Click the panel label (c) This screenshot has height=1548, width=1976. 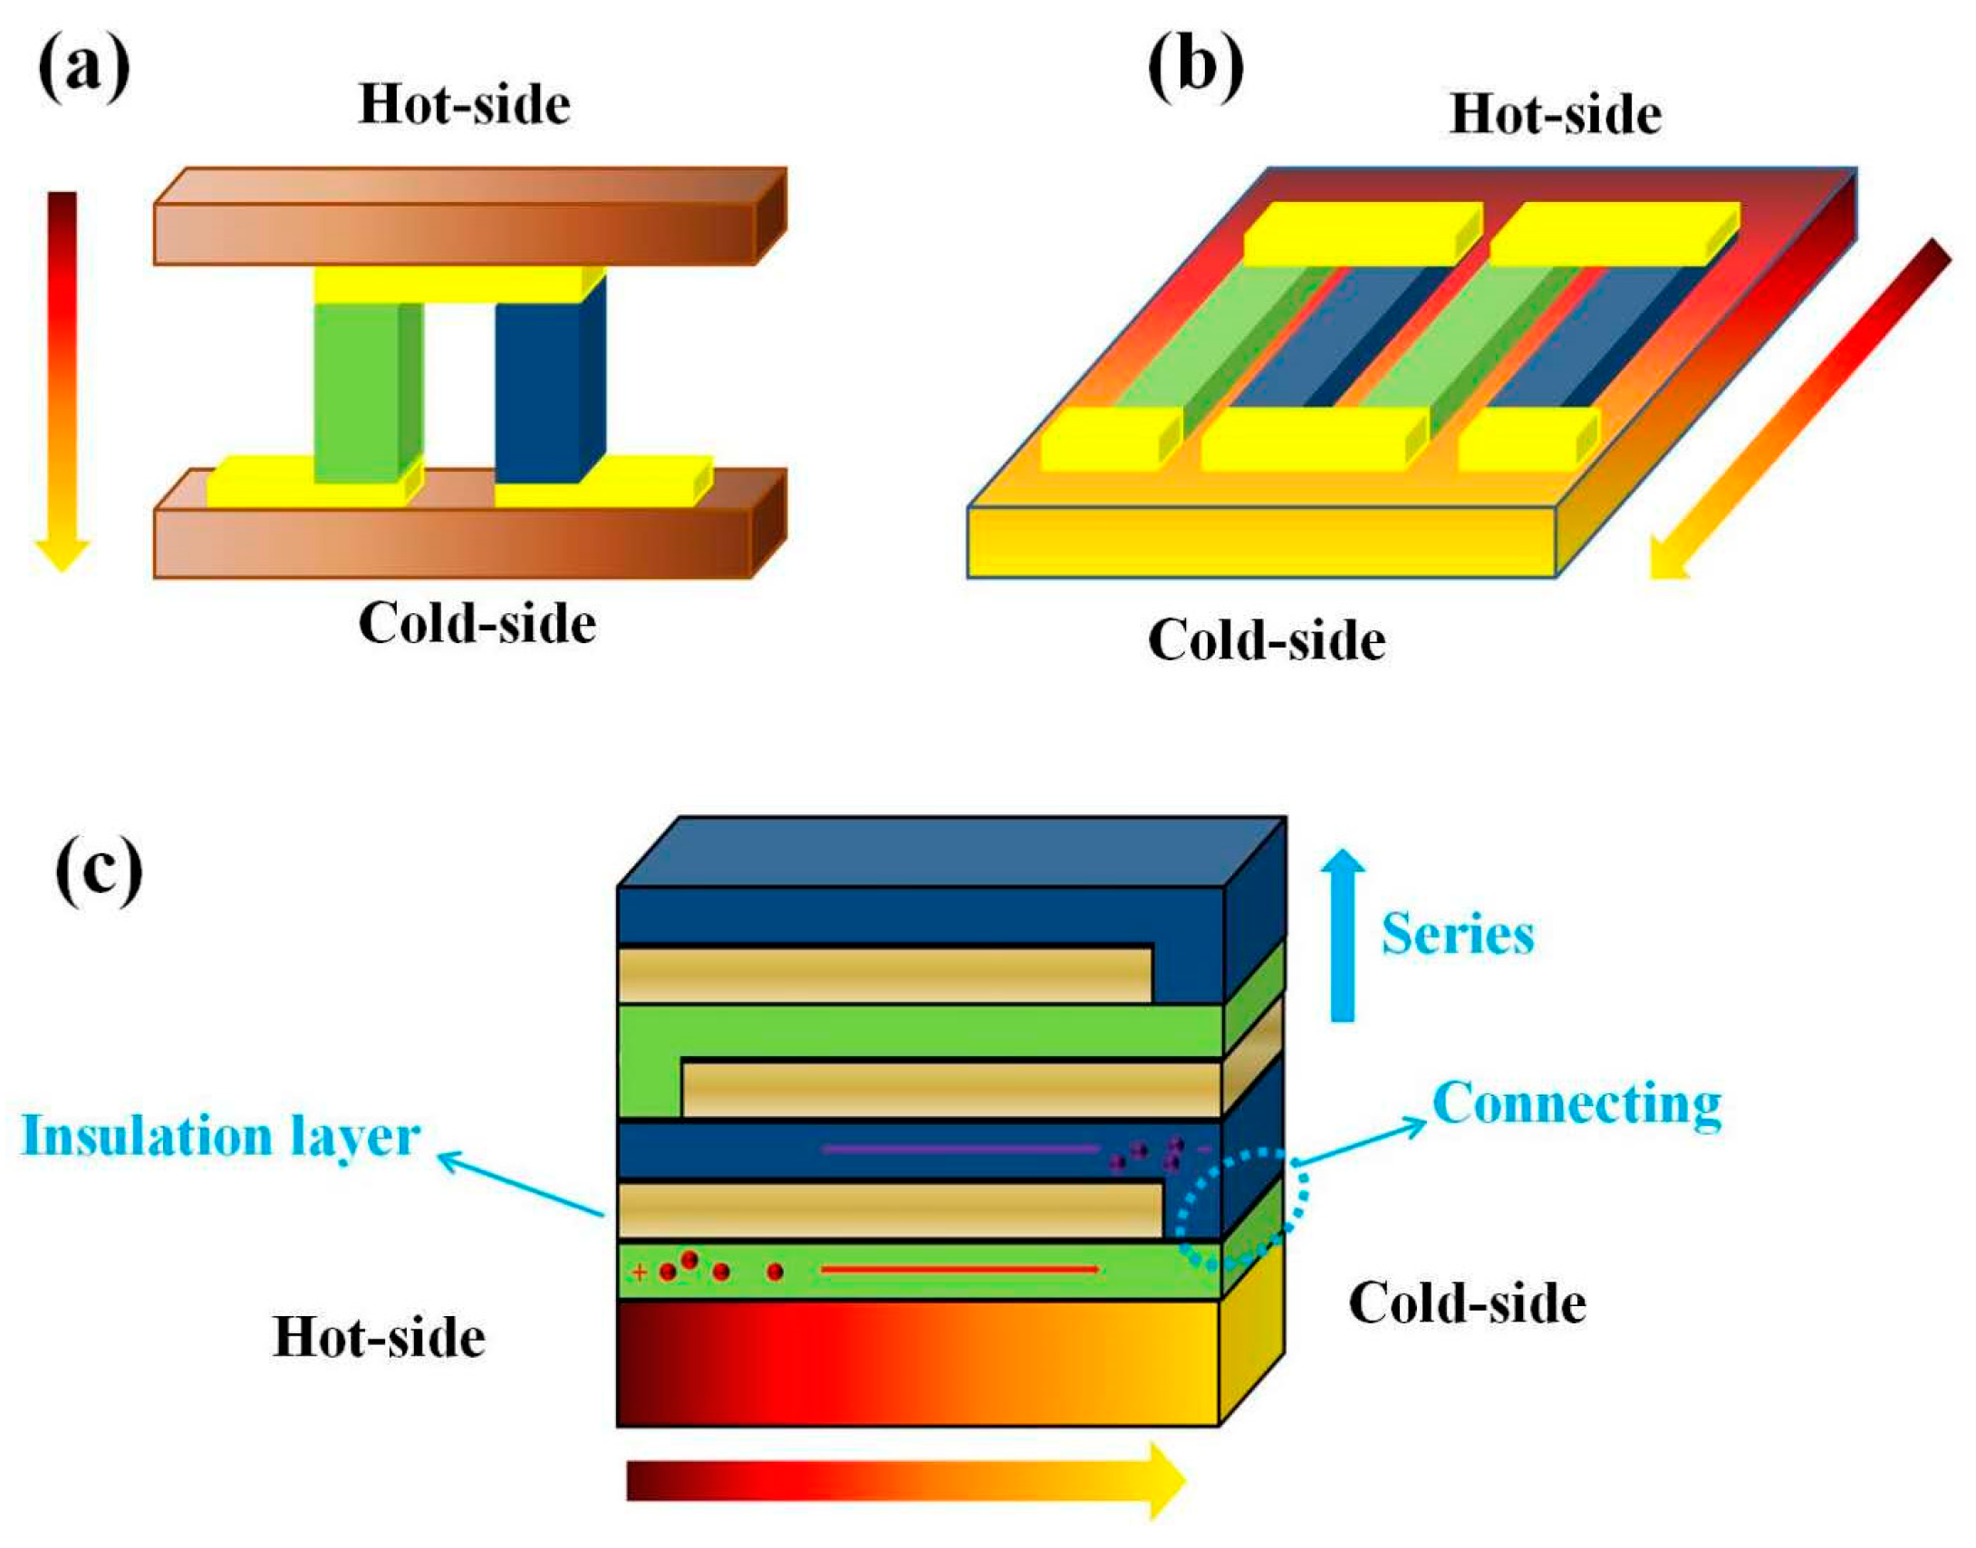tap(99, 868)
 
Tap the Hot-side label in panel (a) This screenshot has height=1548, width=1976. tap(464, 105)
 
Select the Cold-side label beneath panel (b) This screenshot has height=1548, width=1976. tap(1267, 641)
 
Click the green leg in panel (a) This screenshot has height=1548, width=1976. tap(357, 389)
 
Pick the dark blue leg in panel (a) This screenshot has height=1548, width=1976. tap(538, 389)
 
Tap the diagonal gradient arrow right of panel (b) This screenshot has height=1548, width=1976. tap(1799, 408)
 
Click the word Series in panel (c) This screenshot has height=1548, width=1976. tap(1458, 935)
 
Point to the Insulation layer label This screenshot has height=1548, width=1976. tap(220, 1137)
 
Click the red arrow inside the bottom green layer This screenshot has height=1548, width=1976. tap(960, 1270)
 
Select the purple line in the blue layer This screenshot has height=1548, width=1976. tap(960, 1149)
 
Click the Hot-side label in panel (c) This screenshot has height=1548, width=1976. tap(379, 1338)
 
